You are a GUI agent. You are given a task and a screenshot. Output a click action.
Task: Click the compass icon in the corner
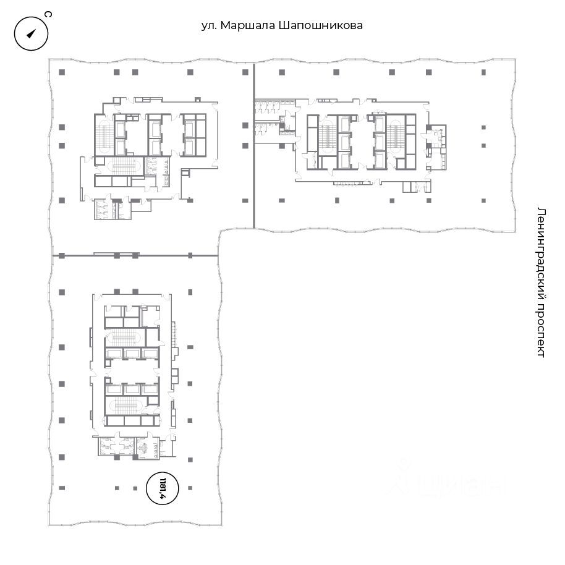click(x=31, y=33)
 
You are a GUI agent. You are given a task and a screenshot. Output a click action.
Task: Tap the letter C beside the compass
click(x=48, y=14)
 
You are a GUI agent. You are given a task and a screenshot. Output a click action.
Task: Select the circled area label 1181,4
click(x=163, y=488)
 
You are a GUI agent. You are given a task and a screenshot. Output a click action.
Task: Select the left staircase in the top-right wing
click(x=327, y=134)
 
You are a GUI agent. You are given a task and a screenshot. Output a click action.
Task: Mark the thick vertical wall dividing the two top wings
click(x=254, y=145)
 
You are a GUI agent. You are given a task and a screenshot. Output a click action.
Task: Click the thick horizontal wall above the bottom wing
click(x=135, y=255)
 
